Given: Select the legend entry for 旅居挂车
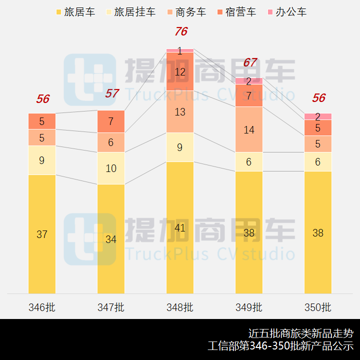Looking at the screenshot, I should coord(129,12).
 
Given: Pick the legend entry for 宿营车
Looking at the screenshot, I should coord(235,12).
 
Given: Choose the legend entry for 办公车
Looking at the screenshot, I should coord(285,12).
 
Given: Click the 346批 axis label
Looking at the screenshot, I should coord(42,307).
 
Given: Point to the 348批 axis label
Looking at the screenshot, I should coord(180,307).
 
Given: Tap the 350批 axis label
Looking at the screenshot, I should coord(318,307).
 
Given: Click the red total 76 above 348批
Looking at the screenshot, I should coord(180,31).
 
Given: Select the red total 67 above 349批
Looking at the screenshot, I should coord(249,62).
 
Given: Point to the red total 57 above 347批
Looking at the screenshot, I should coord(112,93).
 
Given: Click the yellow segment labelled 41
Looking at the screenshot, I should coord(180,227).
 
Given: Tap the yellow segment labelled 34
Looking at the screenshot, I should coord(111,239).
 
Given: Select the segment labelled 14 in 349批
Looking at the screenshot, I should coord(249,129).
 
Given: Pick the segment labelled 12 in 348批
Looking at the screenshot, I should coord(180,71).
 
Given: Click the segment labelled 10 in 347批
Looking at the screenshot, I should coord(111,168).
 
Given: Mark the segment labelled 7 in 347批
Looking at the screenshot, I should coord(111,121).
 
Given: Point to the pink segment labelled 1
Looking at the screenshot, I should coord(180,50).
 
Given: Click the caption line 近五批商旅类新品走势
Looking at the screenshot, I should coord(300,333).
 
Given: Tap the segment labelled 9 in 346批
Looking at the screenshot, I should coord(42,160).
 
